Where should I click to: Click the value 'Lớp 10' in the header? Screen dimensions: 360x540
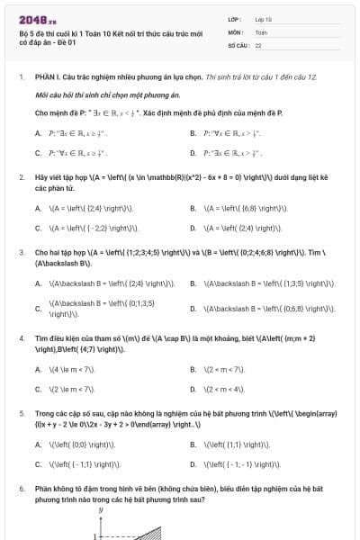point(264,18)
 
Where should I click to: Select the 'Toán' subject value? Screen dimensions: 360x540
point(261,31)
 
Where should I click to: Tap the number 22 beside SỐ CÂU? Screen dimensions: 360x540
point(258,44)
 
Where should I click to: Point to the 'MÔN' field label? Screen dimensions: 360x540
point(235,31)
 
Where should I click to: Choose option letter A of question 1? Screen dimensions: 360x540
point(38,133)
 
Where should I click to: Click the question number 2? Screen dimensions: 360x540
point(21,178)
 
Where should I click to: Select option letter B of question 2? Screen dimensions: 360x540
point(193,208)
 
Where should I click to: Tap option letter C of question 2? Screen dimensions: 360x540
point(38,228)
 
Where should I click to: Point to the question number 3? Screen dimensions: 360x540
point(21,253)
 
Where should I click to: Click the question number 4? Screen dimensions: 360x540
point(21,338)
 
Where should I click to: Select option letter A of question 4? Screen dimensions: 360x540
point(38,369)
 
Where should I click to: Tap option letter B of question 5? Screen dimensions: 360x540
point(193,444)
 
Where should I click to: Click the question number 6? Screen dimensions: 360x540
point(21,488)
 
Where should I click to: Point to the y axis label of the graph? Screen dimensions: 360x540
point(100,509)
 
